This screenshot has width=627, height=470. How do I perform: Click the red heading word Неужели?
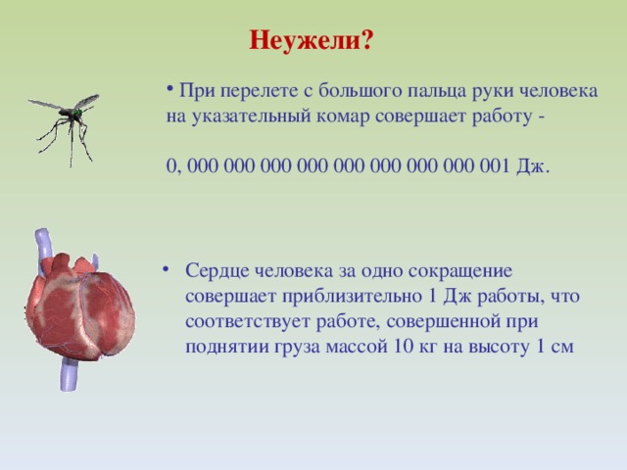(x=311, y=41)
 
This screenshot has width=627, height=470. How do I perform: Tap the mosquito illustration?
(x=65, y=123)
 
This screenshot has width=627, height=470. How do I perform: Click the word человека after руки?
(x=557, y=91)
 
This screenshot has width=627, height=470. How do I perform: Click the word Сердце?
(x=217, y=269)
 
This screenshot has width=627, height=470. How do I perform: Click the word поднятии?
(x=223, y=346)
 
